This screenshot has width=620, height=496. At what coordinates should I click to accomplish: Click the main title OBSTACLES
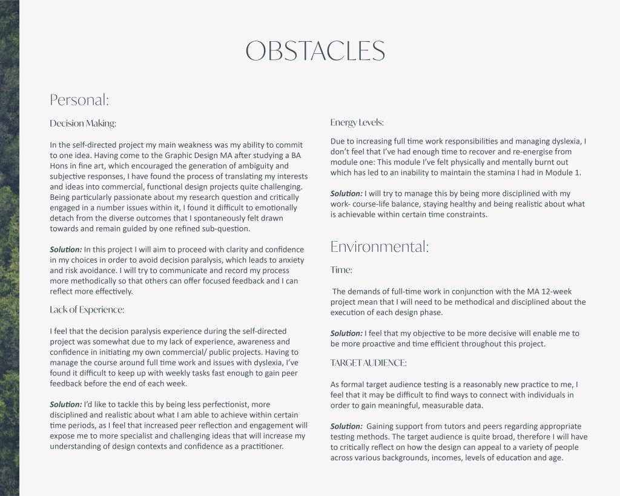(x=309, y=51)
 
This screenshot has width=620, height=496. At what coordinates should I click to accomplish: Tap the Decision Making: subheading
(x=82, y=124)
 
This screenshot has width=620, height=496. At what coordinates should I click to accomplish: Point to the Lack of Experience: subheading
(x=87, y=309)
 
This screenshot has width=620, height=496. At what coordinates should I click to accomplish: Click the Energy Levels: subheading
(x=357, y=122)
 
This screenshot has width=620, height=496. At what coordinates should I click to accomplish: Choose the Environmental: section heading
(x=380, y=246)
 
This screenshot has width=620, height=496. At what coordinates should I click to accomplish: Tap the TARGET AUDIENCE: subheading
(x=369, y=363)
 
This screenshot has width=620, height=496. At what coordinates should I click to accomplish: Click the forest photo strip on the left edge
(x=9, y=248)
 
